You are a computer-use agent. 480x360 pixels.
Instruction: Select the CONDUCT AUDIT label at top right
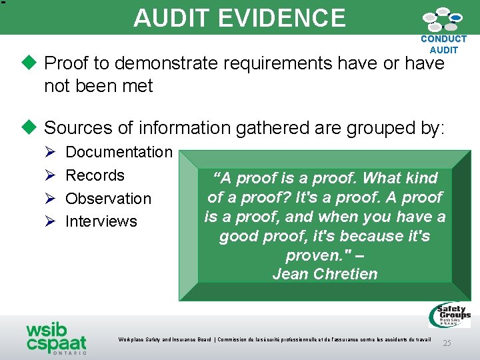(x=444, y=45)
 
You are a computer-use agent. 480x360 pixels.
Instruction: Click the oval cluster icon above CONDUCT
(x=443, y=20)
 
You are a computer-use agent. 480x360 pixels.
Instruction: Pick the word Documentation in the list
(x=119, y=152)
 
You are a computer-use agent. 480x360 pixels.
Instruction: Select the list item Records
(x=95, y=175)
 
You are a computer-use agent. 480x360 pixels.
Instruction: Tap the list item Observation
(x=108, y=199)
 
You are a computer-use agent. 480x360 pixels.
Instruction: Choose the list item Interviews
(x=101, y=221)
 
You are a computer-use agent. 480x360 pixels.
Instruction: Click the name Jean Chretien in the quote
(x=325, y=274)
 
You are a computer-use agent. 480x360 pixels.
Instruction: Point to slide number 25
(x=447, y=343)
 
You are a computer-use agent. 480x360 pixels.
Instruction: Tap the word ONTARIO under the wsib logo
(x=69, y=353)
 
